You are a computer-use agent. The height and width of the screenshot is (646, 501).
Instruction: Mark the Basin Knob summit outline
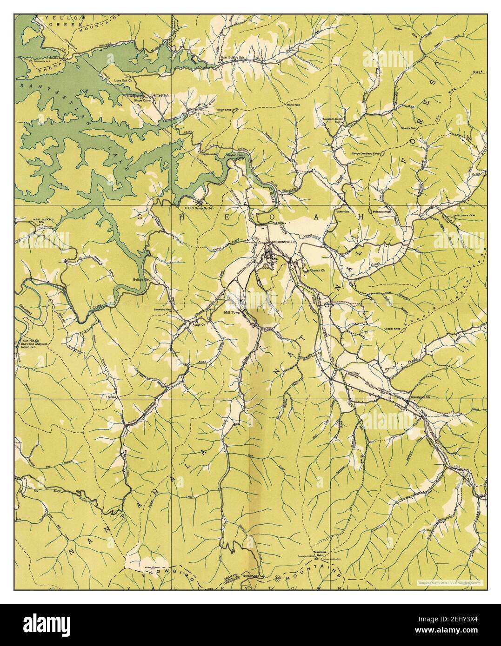(235, 110)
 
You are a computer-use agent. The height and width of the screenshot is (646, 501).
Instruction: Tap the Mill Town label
(232, 313)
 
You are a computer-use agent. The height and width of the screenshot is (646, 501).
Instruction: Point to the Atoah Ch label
(199, 325)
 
